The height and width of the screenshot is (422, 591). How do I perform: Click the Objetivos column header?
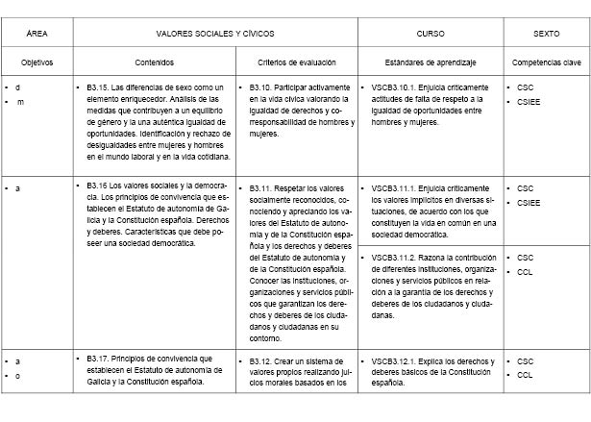pos(37,62)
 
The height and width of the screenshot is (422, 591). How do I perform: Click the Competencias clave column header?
pos(547,62)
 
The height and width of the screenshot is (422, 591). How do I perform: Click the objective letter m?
pos(17,102)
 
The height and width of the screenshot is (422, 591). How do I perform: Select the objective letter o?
pos(17,375)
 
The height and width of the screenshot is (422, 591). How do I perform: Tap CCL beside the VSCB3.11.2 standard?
pos(526,272)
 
